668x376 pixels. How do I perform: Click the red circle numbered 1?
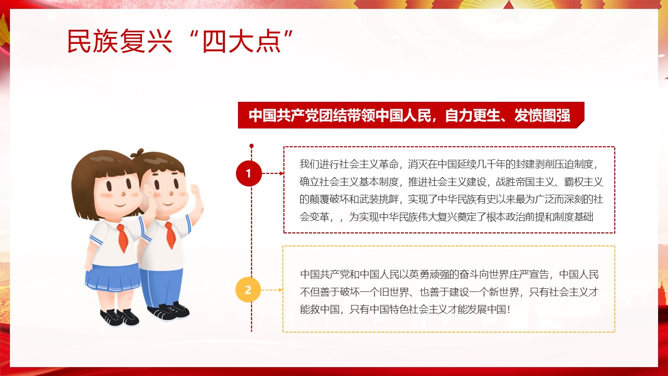(249, 173)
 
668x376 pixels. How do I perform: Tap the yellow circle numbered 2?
(248, 290)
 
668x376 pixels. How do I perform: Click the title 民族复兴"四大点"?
(180, 41)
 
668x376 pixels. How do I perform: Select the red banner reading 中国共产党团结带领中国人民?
(411, 115)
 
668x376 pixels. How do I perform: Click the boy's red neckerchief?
(170, 235)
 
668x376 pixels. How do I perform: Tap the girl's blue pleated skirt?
(113, 278)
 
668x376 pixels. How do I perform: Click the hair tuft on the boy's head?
(137, 154)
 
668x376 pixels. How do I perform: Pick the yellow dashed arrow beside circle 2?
(272, 290)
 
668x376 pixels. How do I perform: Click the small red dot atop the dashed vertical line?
(252, 146)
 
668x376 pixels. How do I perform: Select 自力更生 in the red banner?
(473, 115)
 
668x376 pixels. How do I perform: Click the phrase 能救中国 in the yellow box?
(320, 310)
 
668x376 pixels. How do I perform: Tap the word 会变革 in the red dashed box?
(314, 217)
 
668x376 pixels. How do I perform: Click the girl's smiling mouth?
(121, 205)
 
